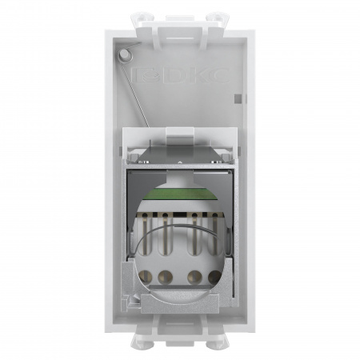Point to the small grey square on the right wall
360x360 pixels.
click(238, 99)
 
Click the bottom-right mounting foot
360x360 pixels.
click(213, 342)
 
